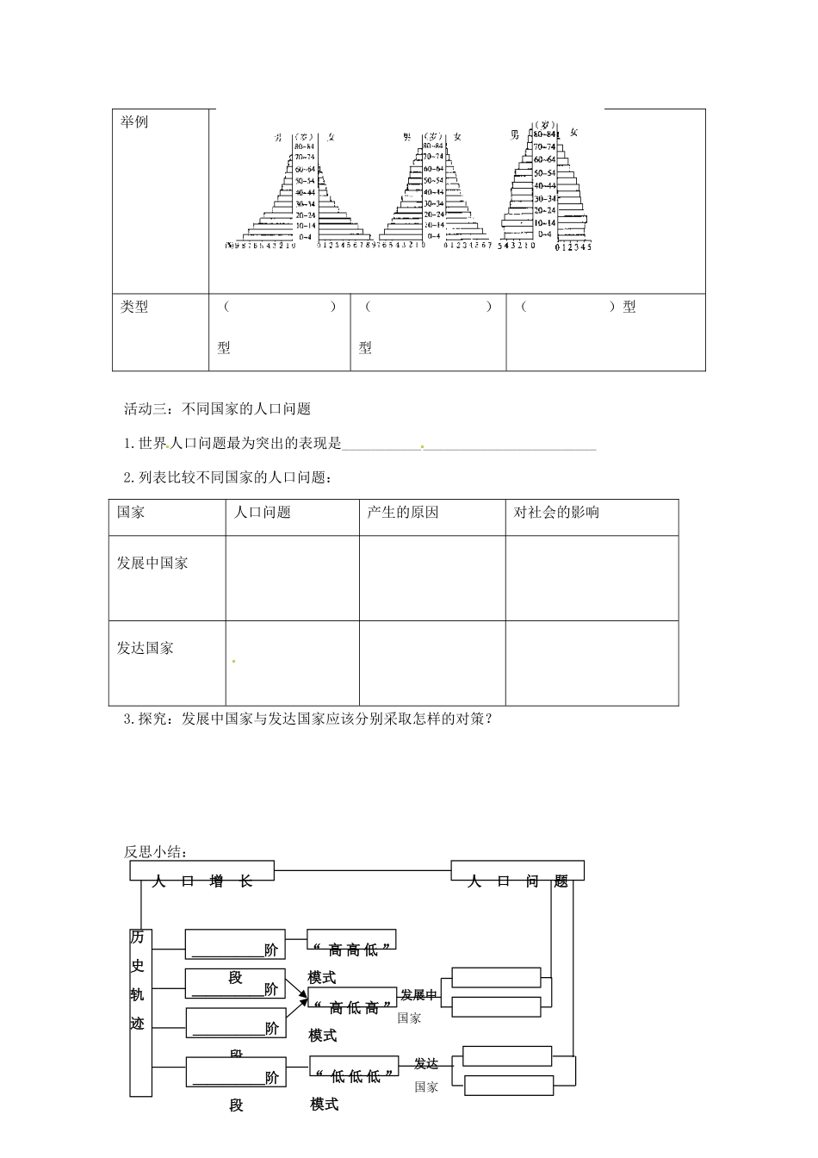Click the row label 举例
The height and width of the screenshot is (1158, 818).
[134, 122]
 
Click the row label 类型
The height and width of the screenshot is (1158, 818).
[134, 308]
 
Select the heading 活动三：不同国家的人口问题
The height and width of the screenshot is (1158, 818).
[217, 409]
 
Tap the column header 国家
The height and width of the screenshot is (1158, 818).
[132, 513]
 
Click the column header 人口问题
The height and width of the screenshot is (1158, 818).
[263, 513]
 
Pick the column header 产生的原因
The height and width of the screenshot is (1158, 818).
[403, 513]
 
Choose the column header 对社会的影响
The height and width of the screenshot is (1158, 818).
[556, 513]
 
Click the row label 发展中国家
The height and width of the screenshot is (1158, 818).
[152, 563]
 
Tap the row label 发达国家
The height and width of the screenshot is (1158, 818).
[146, 648]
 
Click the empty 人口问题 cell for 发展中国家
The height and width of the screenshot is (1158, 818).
[292, 577]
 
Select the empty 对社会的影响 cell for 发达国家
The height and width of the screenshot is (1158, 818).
[592, 663]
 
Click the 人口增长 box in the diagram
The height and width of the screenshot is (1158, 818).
[202, 871]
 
